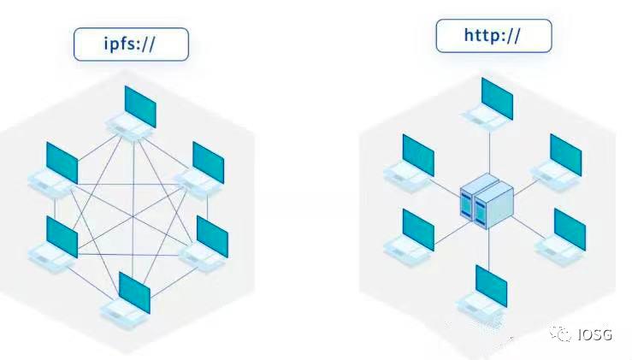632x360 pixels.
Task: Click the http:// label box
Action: coord(494,36)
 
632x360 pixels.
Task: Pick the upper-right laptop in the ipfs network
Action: coord(203,167)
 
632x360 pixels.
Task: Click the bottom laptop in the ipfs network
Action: coord(130,297)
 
